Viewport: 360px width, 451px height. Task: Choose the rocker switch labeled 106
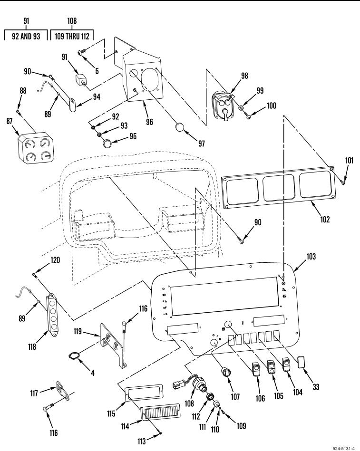pyautogui.click(x=256, y=369)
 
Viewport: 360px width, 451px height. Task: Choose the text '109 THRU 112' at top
pyautogui.click(x=72, y=36)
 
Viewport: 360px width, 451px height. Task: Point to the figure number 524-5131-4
pyautogui.click(x=343, y=447)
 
